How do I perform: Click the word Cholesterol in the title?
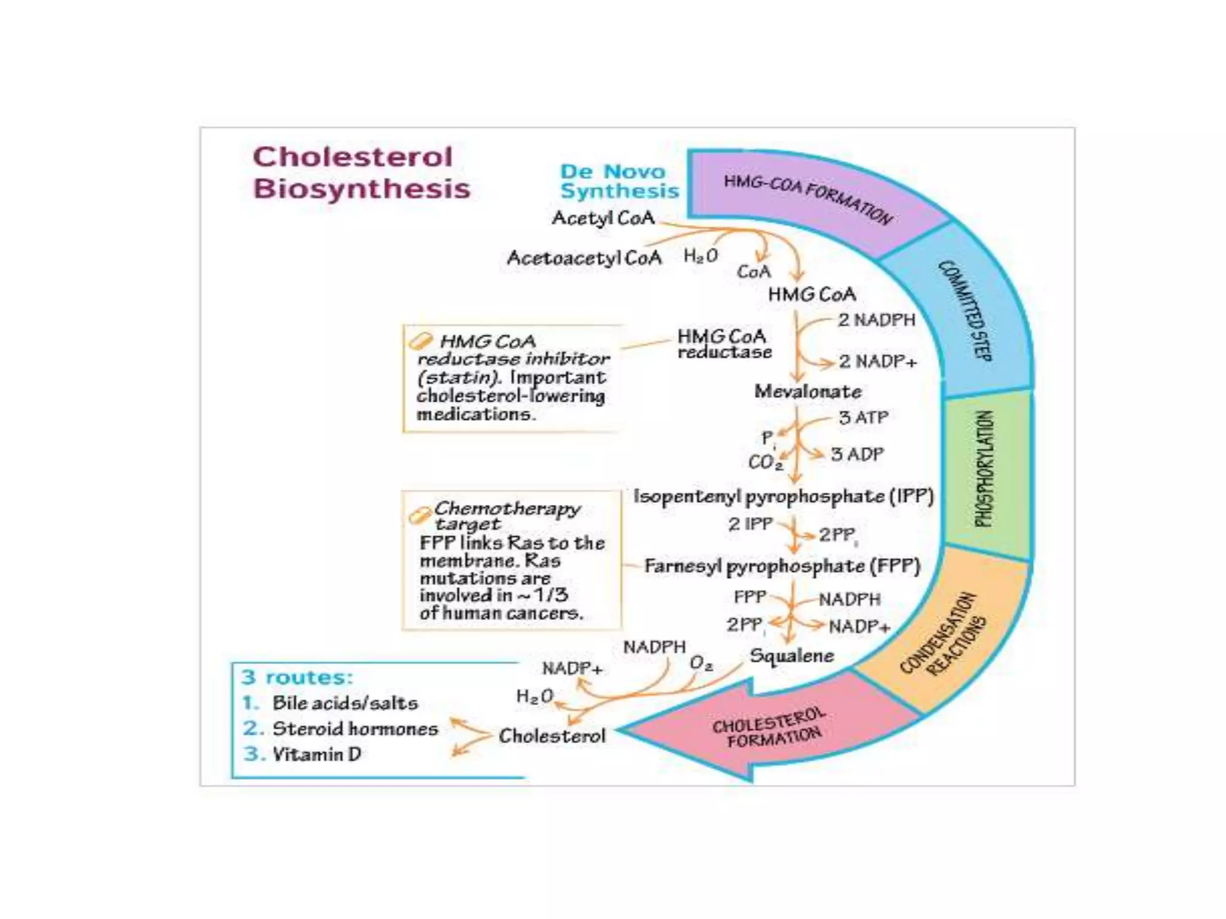point(352,157)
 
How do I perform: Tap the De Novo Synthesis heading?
point(618,181)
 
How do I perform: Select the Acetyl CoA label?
point(603,218)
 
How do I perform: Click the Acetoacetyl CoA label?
point(584,258)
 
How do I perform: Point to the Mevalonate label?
point(808,391)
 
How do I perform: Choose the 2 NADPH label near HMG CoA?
point(876,320)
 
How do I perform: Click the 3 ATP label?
point(863,418)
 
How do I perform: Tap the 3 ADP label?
point(857,455)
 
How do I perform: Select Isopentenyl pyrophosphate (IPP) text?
point(783,497)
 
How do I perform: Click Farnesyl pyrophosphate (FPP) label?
point(782,566)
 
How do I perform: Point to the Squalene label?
point(791,656)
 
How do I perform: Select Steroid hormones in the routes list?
point(355,729)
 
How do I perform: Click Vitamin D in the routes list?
point(317,754)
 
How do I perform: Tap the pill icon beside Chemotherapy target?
point(420,515)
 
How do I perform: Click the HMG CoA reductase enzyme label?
point(723,344)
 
